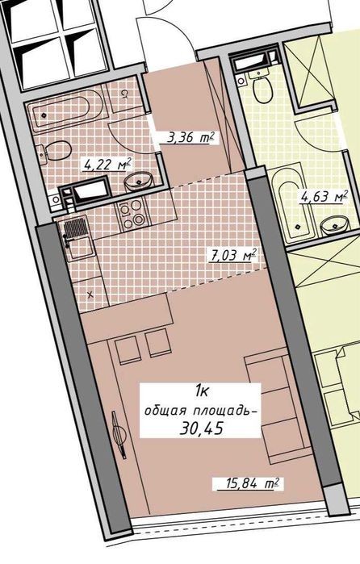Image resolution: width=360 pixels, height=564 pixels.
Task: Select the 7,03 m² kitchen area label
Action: click(233, 255)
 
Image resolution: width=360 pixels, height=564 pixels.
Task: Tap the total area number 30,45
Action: click(201, 428)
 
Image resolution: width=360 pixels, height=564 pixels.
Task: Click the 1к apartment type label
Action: click(200, 391)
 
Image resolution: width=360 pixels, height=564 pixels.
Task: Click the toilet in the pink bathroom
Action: click(54, 151)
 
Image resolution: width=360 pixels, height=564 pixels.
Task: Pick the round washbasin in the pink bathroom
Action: click(139, 180)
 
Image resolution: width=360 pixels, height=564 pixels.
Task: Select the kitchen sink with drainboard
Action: click(76, 237)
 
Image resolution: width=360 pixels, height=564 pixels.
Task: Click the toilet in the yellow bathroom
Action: click(262, 86)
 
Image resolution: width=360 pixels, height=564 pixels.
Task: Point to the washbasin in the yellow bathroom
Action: click(334, 226)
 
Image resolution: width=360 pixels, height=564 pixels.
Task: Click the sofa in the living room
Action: click(277, 409)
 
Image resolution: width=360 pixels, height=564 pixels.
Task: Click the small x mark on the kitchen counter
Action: click(90, 295)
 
